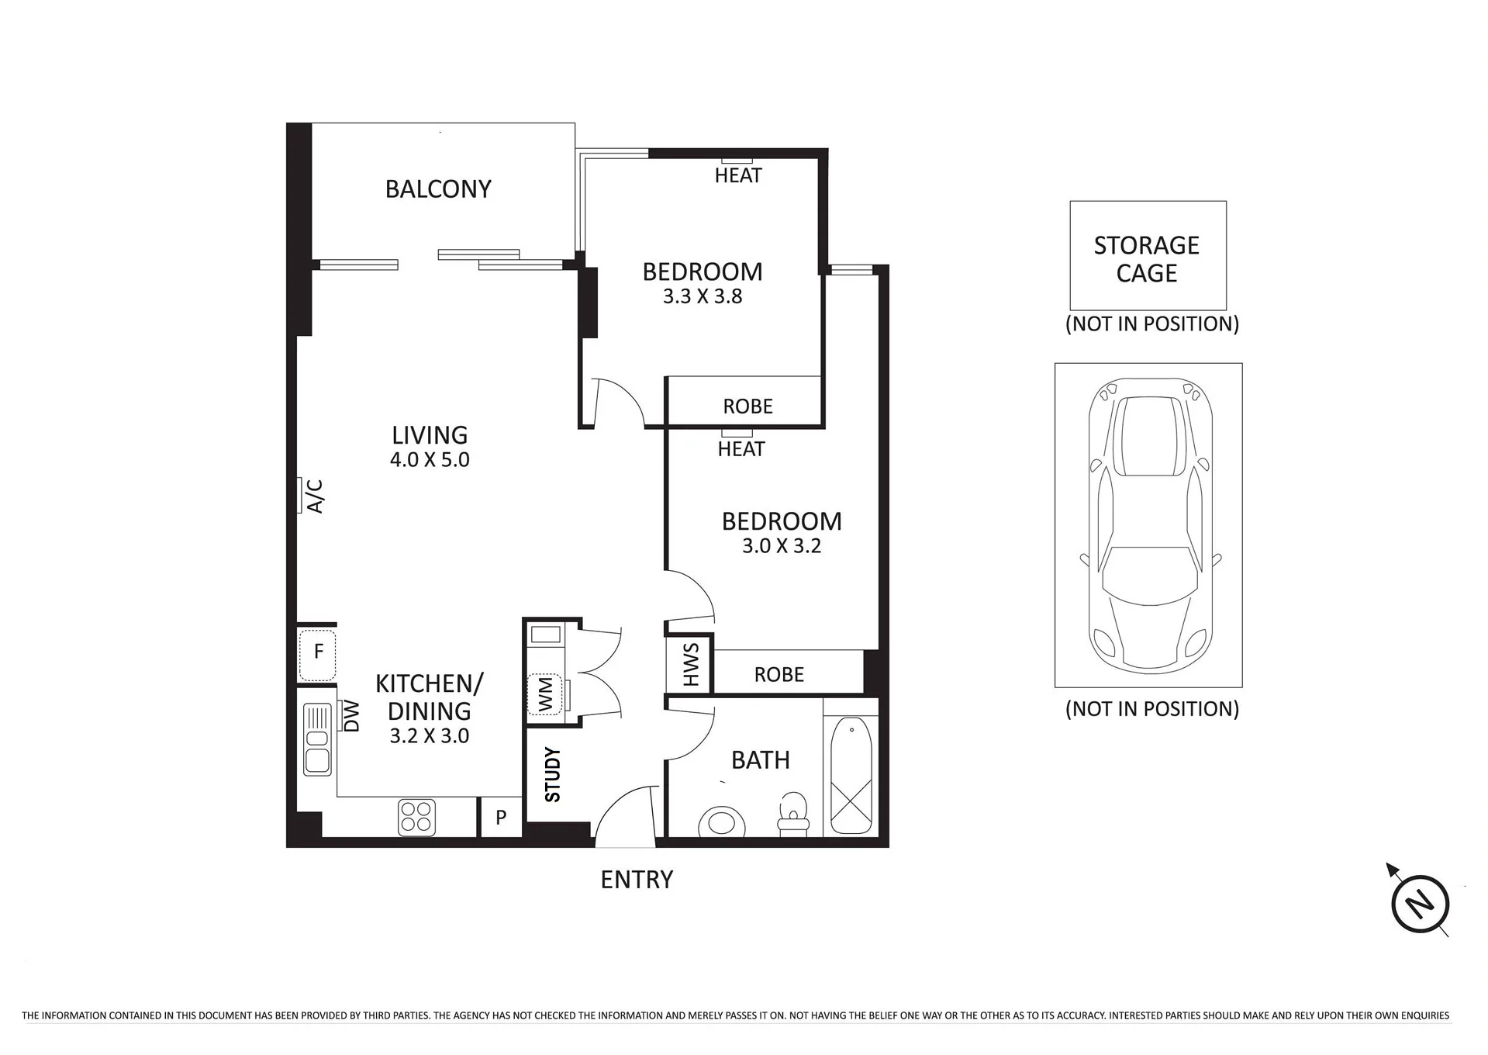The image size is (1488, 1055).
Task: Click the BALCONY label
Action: (x=438, y=189)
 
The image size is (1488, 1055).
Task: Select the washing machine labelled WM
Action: (x=545, y=694)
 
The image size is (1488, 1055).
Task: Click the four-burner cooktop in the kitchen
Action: (x=417, y=818)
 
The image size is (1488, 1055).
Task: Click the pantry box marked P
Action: (x=501, y=817)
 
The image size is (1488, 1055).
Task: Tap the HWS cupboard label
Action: (x=690, y=665)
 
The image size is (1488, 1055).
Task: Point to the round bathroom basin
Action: (x=722, y=821)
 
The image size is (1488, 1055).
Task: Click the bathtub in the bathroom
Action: (x=851, y=776)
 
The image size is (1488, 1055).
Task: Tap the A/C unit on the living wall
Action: (x=300, y=495)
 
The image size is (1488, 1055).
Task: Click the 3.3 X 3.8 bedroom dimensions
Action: (x=703, y=296)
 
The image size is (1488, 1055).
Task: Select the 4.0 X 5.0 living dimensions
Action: (x=430, y=459)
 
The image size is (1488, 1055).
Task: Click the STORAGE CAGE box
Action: (x=1148, y=256)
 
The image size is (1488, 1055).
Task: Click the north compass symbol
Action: (x=1420, y=903)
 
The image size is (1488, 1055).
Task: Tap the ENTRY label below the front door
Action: (x=637, y=880)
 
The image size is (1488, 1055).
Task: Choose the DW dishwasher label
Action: (x=351, y=716)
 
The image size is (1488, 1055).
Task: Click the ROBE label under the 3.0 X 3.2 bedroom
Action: (x=779, y=675)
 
